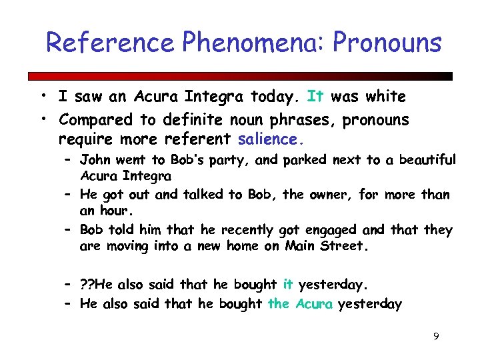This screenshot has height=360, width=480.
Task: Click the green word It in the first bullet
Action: pos(315,97)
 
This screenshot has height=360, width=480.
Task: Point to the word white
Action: pos(381,97)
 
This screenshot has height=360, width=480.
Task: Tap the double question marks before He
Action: pos(87,285)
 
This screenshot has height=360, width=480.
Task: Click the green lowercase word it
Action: pos(288,285)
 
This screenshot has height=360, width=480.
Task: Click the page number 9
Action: pos(435,337)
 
